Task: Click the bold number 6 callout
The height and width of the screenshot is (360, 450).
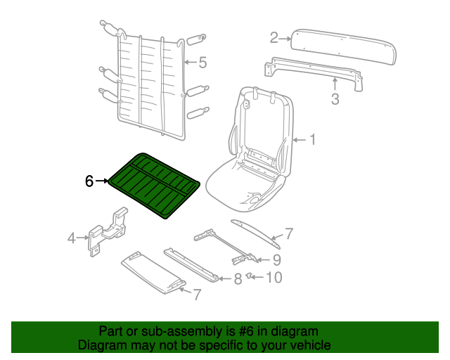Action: pyautogui.click(x=89, y=181)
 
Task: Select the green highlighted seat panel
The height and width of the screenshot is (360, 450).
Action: pyautogui.click(x=154, y=186)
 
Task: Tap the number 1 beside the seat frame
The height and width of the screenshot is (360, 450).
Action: pyautogui.click(x=312, y=140)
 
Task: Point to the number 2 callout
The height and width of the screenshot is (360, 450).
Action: pyautogui.click(x=274, y=38)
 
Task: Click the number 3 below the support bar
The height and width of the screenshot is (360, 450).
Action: pyautogui.click(x=335, y=98)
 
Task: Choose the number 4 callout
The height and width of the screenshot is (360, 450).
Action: pyautogui.click(x=72, y=238)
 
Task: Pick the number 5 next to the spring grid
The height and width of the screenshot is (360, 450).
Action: pyautogui.click(x=202, y=63)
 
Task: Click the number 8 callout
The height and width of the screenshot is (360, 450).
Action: pyautogui.click(x=238, y=278)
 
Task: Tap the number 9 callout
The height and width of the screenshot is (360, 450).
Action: pyautogui.click(x=276, y=260)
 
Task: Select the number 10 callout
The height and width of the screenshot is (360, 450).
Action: pyautogui.click(x=274, y=277)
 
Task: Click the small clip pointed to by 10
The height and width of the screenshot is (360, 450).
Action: pyautogui.click(x=249, y=276)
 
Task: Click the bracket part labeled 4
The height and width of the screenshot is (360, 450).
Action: pyautogui.click(x=108, y=231)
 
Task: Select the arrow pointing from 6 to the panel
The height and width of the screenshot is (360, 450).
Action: pyautogui.click(x=101, y=181)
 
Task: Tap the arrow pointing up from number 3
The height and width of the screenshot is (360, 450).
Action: pyautogui.click(x=335, y=84)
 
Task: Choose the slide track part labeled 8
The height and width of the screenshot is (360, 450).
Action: pyautogui.click(x=191, y=265)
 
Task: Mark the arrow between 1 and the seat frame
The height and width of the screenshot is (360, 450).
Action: pyautogui.click(x=300, y=140)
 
